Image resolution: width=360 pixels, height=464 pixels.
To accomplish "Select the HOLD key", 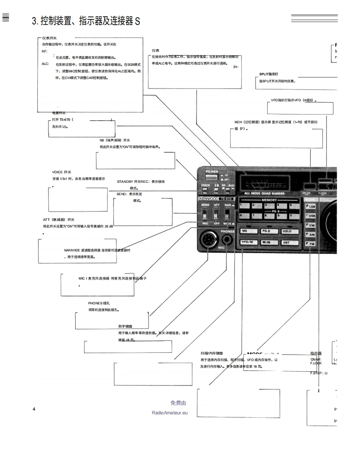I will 287,231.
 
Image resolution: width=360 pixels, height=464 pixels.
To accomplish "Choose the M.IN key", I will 266,242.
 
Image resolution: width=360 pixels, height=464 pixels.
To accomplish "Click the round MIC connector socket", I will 209,240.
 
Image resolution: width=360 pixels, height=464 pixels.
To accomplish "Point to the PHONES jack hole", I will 227,239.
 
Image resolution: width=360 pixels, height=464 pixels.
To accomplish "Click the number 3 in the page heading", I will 34,21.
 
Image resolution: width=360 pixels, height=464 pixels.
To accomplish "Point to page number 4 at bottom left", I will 34,409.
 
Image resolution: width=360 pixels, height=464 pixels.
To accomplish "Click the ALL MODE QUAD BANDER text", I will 264,194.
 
